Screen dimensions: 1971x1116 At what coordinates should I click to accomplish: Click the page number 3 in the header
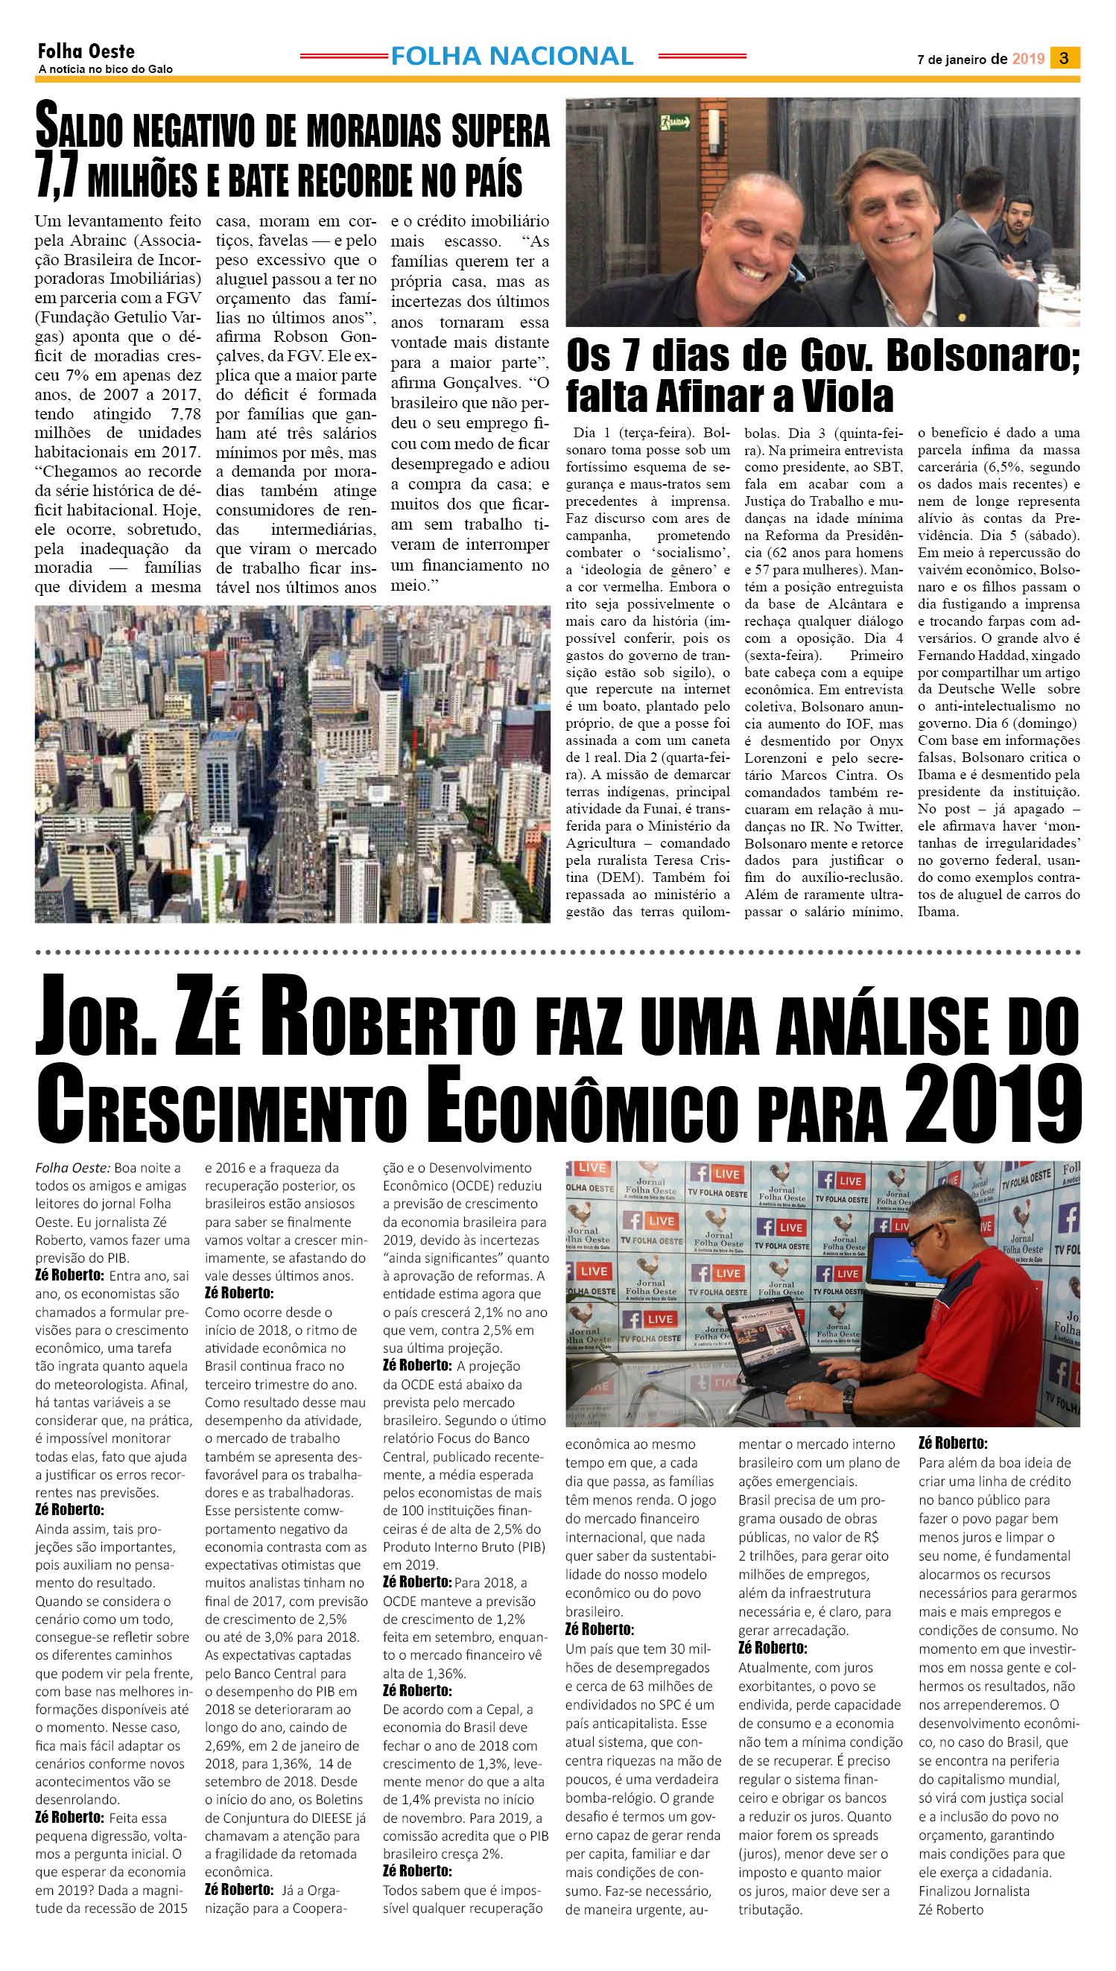pos(1064,57)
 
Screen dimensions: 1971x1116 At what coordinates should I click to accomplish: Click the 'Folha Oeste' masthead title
pos(86,51)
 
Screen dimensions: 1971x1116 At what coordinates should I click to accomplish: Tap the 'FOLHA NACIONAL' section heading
pos(511,56)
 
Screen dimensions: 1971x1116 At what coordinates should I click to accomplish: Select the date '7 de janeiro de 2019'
pos(980,59)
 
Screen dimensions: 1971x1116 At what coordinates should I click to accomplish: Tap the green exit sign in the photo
pos(674,122)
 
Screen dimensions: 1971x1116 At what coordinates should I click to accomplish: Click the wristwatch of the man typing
pos(848,1400)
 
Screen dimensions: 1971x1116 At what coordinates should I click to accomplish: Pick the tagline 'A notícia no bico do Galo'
pos(105,69)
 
